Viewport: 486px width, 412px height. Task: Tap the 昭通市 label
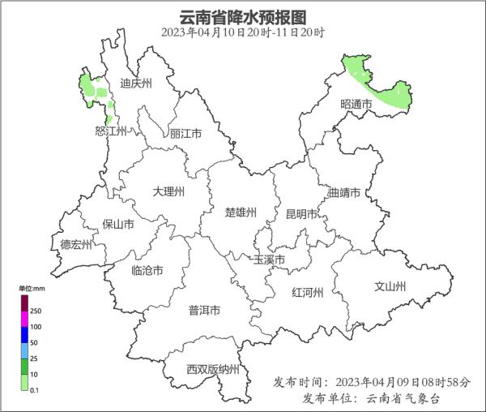pyautogui.click(x=356, y=105)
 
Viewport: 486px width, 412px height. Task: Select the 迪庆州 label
pyautogui.click(x=135, y=84)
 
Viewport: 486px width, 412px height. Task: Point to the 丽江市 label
pyautogui.click(x=185, y=134)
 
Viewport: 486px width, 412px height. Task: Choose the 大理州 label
pyautogui.click(x=169, y=191)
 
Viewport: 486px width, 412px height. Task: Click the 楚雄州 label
pyautogui.click(x=241, y=212)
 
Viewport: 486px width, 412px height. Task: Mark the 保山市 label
pyautogui.click(x=118, y=225)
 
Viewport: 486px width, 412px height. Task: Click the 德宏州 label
pyautogui.click(x=77, y=243)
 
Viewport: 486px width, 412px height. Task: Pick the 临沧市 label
pyautogui.click(x=147, y=270)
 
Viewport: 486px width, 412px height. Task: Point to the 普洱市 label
pyautogui.click(x=204, y=311)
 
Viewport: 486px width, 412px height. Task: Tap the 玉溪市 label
pyautogui.click(x=269, y=260)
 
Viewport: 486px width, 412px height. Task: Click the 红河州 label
pyautogui.click(x=307, y=293)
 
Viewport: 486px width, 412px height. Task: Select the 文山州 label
pyautogui.click(x=390, y=287)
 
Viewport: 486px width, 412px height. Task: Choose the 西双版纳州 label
pyautogui.click(x=213, y=369)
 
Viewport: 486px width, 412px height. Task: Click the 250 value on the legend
pyautogui.click(x=36, y=311)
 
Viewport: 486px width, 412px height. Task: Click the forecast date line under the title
pyautogui.click(x=243, y=32)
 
